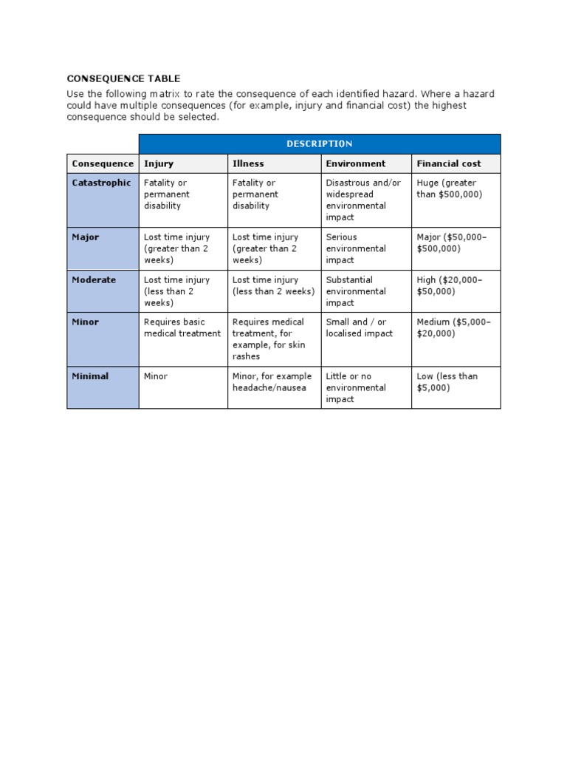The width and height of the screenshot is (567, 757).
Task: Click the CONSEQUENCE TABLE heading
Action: point(123,78)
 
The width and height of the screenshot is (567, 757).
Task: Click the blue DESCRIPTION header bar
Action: point(319,143)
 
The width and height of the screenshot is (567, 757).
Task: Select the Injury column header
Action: point(159,163)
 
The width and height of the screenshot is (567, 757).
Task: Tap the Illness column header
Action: point(248,163)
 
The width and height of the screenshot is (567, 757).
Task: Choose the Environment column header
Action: point(355,163)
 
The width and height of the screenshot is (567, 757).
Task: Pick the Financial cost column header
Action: point(448,163)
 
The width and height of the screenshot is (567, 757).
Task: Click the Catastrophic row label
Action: point(102,183)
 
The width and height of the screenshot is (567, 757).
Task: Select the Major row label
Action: point(85,237)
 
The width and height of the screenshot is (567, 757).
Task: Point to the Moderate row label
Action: point(94,280)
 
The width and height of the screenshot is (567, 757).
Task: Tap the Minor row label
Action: point(86,322)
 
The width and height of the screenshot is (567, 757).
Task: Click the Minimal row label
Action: point(90,376)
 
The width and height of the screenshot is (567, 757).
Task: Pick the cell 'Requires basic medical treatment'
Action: point(182,327)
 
